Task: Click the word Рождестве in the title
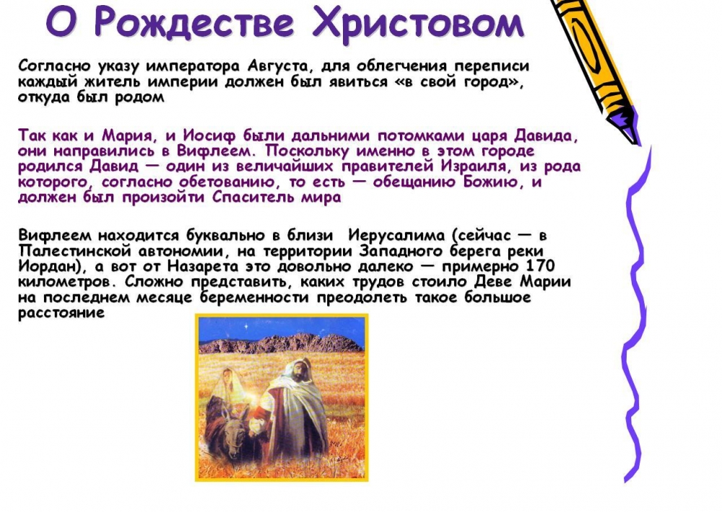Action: click(x=194, y=23)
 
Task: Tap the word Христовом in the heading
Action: click(x=418, y=22)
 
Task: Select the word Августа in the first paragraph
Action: click(x=277, y=66)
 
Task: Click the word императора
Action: click(x=193, y=67)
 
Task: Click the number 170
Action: click(x=539, y=266)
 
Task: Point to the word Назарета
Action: click(x=203, y=267)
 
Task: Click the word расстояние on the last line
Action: click(x=61, y=314)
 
